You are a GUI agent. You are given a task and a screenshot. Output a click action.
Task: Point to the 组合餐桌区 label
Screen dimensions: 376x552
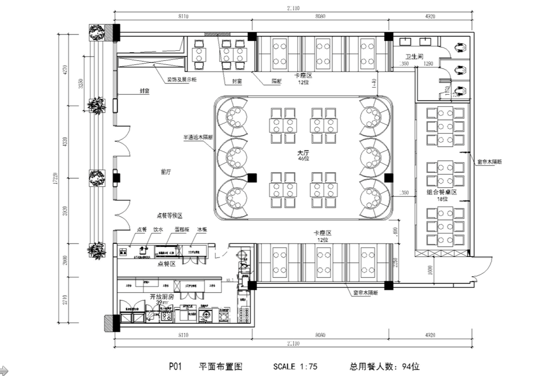442,193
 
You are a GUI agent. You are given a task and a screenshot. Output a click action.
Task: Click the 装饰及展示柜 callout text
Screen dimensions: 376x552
182,80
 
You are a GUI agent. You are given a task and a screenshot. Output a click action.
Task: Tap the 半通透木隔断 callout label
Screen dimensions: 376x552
198,137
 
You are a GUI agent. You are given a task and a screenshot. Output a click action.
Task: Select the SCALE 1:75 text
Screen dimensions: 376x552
295,367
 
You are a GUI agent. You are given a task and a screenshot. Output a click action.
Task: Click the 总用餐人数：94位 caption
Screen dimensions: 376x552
385,367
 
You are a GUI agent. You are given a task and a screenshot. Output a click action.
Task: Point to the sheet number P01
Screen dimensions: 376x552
176,367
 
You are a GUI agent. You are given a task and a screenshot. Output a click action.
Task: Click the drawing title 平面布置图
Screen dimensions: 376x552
220,367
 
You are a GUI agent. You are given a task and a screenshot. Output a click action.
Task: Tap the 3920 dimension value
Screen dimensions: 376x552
65,210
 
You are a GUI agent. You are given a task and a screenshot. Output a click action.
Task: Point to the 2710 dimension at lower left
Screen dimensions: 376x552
65,300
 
